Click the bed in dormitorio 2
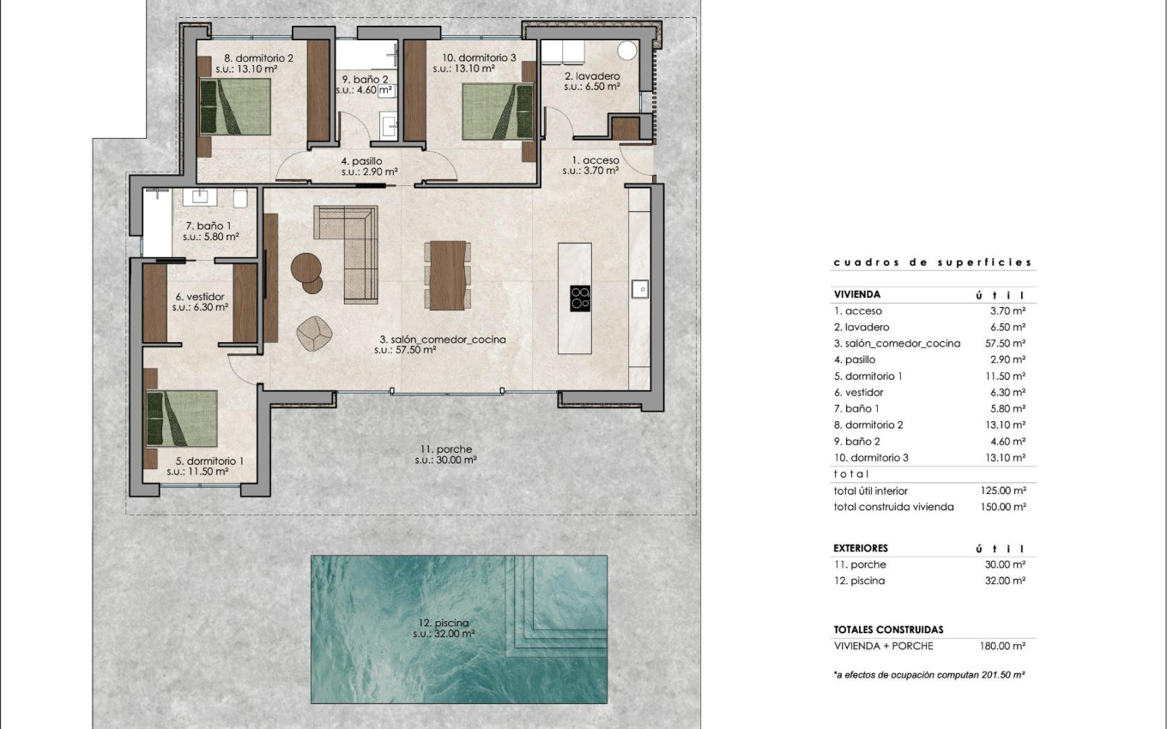pyautogui.click(x=235, y=107)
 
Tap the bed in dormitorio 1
pyautogui.click(x=181, y=418)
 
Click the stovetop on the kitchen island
pyautogui.click(x=581, y=297)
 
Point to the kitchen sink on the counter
pyautogui.click(x=640, y=289)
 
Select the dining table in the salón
pyautogui.click(x=447, y=275)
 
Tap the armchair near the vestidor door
pyautogui.click(x=315, y=333)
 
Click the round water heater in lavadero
pyautogui.click(x=627, y=50)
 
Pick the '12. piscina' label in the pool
pyautogui.click(x=444, y=629)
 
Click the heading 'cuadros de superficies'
pyautogui.click(x=932, y=263)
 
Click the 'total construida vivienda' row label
pyautogui.click(x=893, y=507)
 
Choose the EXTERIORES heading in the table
pyautogui.click(x=861, y=548)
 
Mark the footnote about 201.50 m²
pyautogui.click(x=929, y=675)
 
